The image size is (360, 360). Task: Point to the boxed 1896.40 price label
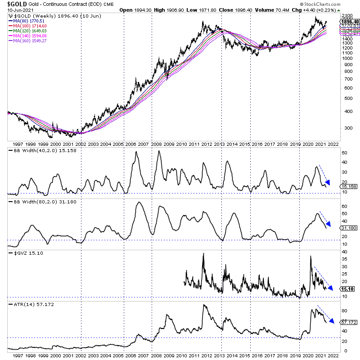(349, 21)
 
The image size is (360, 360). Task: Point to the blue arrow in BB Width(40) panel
(324, 175)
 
